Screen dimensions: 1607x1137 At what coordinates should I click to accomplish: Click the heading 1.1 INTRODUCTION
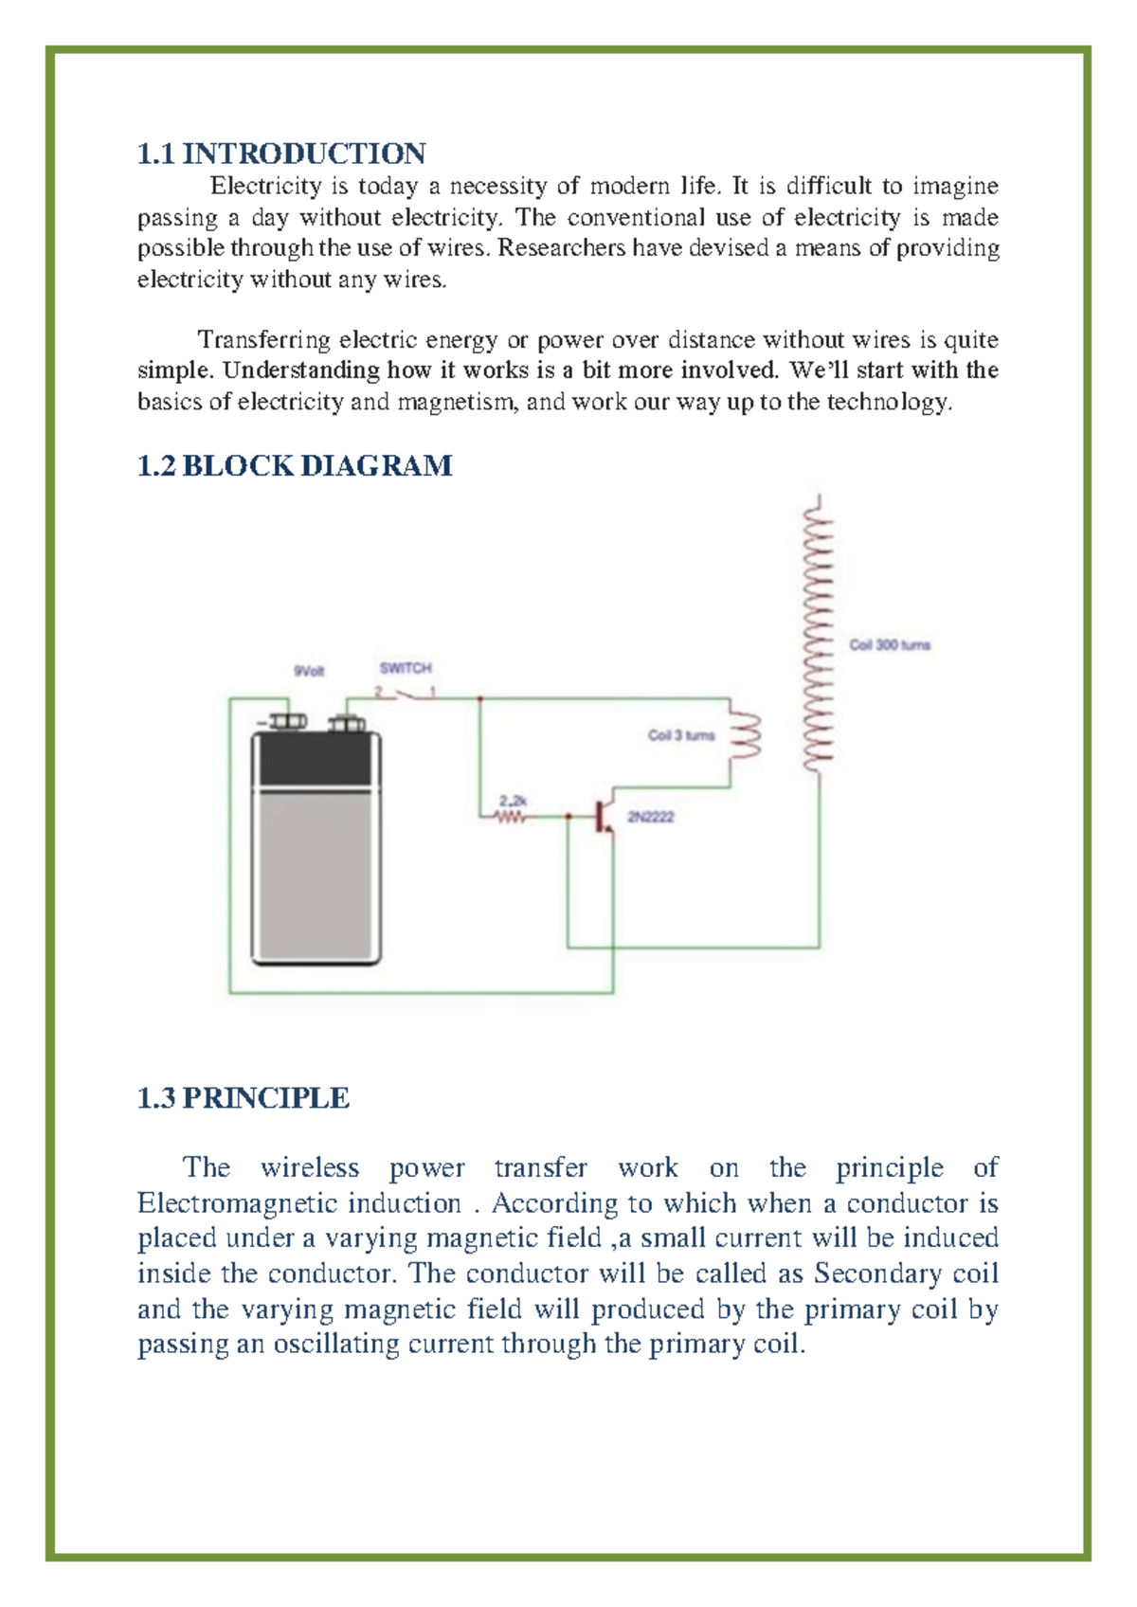click(281, 153)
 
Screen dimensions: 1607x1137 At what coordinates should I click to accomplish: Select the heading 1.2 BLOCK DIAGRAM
click(295, 465)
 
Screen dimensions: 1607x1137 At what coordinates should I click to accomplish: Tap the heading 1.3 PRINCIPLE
click(244, 1097)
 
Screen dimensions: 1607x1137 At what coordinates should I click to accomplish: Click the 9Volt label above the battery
click(309, 671)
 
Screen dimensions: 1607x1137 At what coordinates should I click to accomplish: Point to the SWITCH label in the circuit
click(406, 668)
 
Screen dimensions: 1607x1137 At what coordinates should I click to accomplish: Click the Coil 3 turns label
click(681, 735)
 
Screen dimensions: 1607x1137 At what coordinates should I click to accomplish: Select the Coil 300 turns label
click(890, 645)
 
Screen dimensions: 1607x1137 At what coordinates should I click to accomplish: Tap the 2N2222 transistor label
click(651, 817)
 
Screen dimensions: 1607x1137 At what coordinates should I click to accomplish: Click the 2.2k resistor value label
click(513, 801)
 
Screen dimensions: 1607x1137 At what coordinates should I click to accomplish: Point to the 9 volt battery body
click(316, 853)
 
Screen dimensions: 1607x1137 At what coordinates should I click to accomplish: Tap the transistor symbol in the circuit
click(602, 816)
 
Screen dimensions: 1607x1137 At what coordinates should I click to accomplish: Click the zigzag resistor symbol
click(512, 816)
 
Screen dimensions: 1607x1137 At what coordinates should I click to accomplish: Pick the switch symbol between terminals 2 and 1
click(406, 695)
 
